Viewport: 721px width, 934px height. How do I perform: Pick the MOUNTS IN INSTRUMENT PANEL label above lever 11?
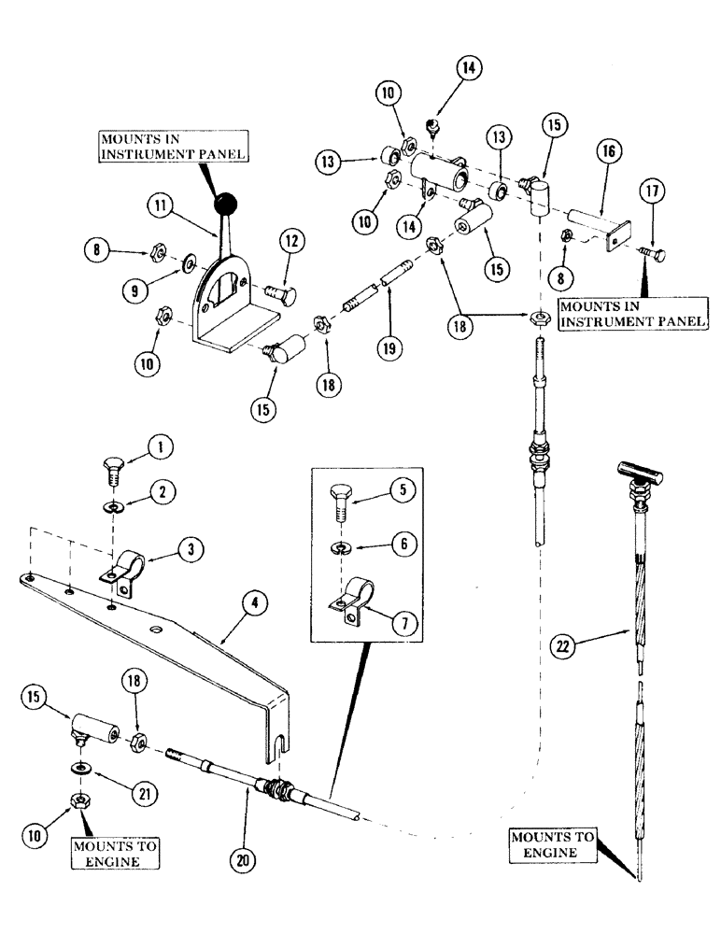point(174,148)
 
